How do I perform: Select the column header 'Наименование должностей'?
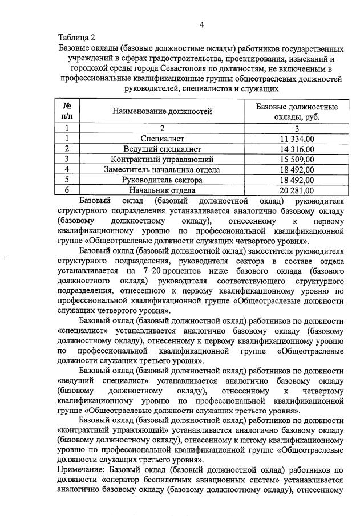(162, 112)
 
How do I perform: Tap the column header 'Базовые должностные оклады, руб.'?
(296, 112)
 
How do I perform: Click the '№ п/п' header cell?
(67, 112)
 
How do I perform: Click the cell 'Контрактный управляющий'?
(162, 159)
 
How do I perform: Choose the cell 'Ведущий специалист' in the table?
(162, 149)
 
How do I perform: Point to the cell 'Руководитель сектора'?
(162, 180)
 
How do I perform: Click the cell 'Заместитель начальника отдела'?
(162, 169)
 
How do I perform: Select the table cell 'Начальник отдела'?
(162, 190)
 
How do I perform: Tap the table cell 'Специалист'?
(162, 139)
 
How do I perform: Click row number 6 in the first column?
(67, 190)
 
